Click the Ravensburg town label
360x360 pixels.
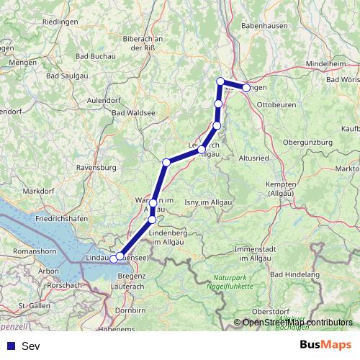coord(96,168)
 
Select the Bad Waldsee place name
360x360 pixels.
coord(134,113)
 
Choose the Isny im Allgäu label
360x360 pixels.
coord(210,202)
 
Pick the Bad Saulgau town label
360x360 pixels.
coord(66,75)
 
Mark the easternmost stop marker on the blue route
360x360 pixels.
coord(246,88)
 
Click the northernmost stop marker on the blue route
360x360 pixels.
coord(220,81)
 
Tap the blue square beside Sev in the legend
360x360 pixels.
coord(11,346)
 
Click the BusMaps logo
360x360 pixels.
coord(325,345)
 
